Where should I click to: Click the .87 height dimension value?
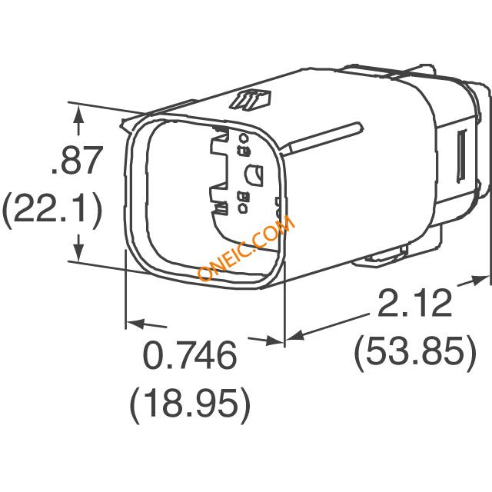(77, 160)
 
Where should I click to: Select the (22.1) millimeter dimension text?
(52, 208)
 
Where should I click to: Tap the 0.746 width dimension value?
(189, 355)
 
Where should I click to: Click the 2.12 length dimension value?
(415, 304)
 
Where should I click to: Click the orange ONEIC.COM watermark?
(247, 248)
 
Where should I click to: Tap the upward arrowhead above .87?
(78, 115)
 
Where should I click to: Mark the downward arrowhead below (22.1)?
(78, 252)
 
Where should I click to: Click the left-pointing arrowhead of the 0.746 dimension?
(135, 324)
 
